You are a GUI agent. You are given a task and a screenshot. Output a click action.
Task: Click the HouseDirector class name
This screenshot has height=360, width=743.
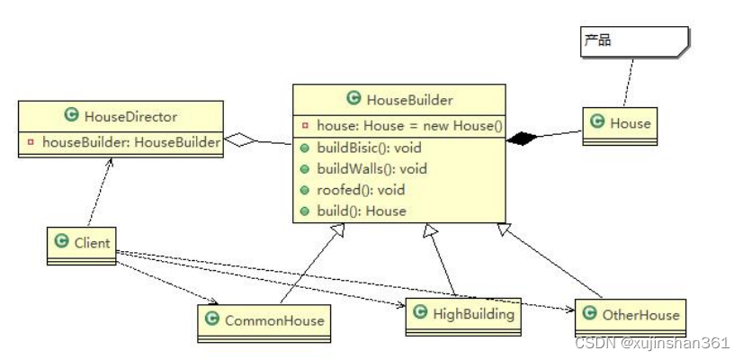point(130,116)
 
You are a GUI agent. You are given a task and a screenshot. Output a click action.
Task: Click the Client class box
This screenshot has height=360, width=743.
point(81,244)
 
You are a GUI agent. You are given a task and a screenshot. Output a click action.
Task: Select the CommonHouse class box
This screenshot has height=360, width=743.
point(261,321)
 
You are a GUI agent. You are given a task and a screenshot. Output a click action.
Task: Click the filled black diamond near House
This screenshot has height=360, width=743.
point(521,139)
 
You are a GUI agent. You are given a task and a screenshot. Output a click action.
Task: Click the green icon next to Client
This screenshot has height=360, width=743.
point(61,242)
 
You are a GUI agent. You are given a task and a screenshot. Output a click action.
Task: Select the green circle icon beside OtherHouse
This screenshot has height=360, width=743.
point(588,314)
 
